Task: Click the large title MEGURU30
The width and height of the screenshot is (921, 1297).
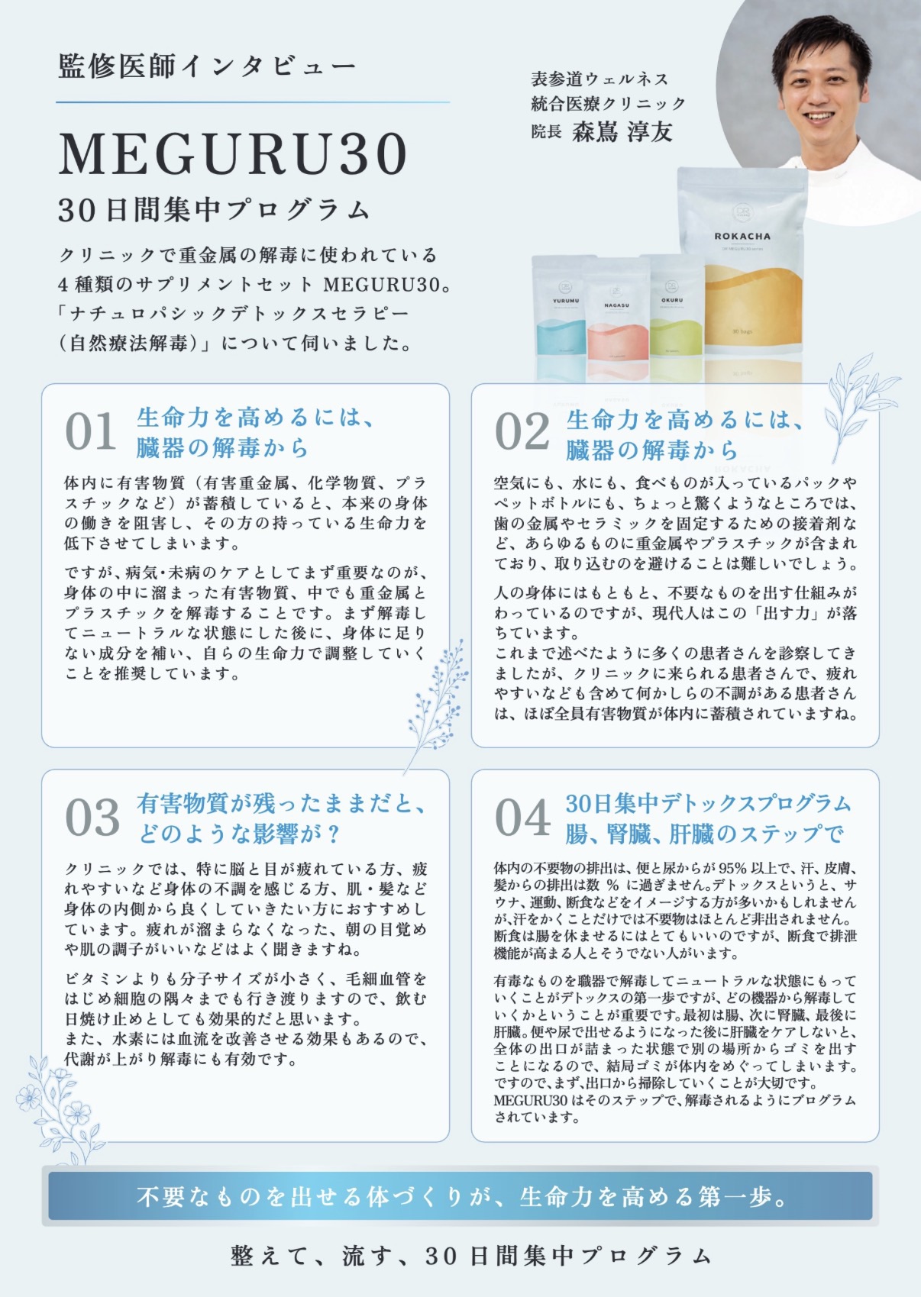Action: click(234, 154)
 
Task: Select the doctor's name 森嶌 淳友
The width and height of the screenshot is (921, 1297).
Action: click(622, 131)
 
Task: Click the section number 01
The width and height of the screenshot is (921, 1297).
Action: click(90, 431)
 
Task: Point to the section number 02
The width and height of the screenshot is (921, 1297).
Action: click(522, 431)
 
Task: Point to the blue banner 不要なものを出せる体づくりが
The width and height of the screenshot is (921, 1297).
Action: click(460, 1195)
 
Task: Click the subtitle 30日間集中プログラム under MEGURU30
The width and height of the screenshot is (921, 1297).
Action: click(214, 210)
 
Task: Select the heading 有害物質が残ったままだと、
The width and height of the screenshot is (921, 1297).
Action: click(282, 803)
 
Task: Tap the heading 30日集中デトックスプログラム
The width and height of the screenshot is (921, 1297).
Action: click(708, 803)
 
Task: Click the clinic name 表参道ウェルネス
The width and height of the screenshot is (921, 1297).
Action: click(599, 79)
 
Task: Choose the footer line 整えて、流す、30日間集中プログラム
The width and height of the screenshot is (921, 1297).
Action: click(471, 1257)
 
